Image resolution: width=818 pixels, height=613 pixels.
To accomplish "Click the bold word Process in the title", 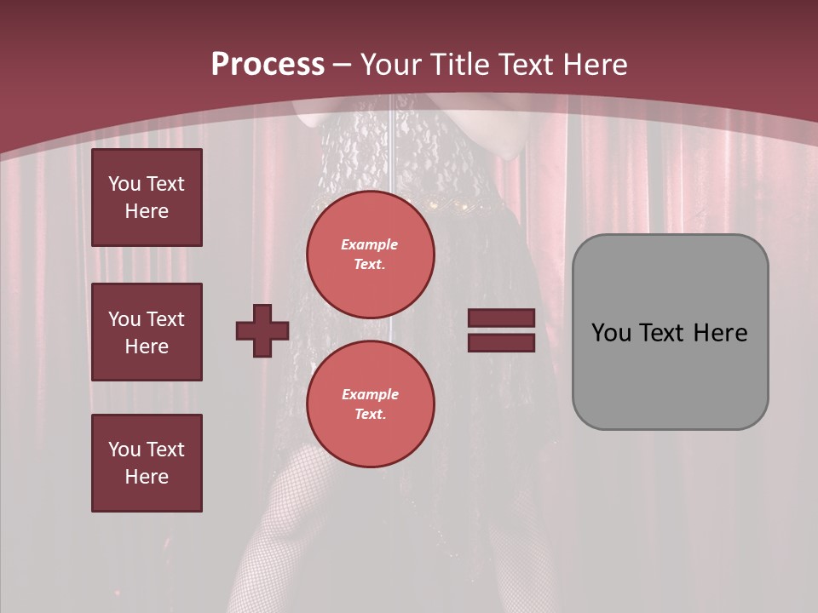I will point(268,64).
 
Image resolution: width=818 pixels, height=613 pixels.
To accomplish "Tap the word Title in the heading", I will point(459,64).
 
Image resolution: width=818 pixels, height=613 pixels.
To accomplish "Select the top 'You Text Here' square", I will point(147,198).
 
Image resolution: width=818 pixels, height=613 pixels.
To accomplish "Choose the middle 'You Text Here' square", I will point(147,332).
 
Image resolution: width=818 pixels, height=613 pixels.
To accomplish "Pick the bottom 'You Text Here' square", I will point(147,462).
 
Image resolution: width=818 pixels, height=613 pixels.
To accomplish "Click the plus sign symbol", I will point(262,330).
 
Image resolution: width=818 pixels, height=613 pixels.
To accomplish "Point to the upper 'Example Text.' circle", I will point(370,255).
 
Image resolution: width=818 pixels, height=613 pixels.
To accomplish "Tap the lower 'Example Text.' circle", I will point(370,404).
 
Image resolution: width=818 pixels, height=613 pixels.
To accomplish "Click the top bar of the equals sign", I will point(501,318).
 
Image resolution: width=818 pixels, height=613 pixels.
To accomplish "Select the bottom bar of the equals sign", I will point(501,342).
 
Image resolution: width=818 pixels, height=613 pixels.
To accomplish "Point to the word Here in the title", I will point(594,64).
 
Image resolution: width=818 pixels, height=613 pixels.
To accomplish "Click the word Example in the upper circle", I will point(370,244).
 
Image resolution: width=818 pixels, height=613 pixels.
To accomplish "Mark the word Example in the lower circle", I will point(370,394).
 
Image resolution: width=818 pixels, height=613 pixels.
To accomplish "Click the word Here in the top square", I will point(147,211).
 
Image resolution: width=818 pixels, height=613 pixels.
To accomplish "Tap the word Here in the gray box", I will point(720,333).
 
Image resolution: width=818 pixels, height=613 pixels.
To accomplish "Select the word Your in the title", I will point(391,64).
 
